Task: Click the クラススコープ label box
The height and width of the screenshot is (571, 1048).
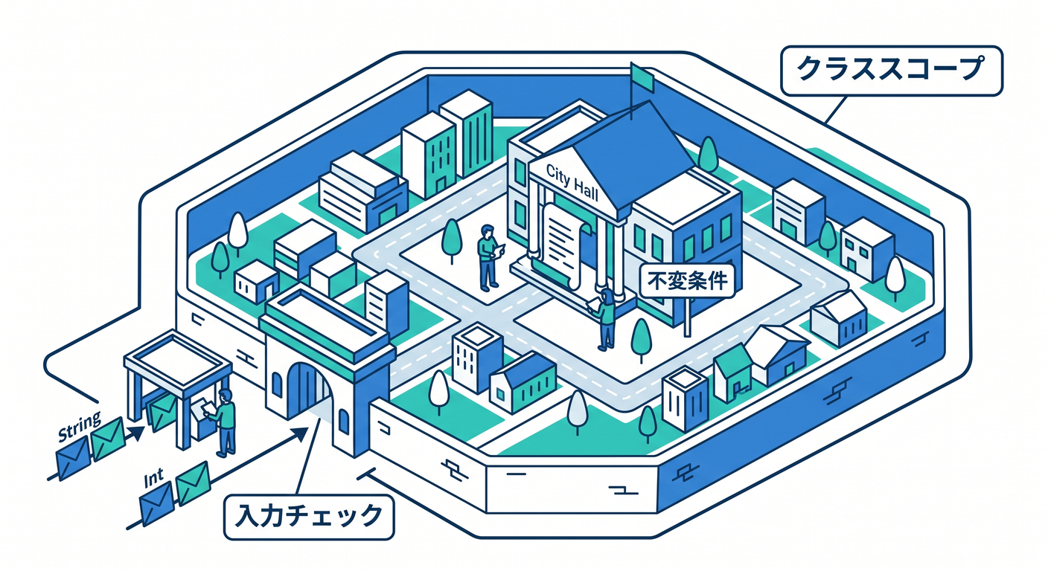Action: [x=892, y=71]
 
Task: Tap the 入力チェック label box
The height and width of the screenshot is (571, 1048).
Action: [x=309, y=517]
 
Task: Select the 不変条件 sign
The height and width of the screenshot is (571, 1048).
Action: [x=687, y=281]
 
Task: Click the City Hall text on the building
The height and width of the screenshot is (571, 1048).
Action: [x=572, y=182]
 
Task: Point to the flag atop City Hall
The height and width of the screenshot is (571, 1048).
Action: [x=642, y=77]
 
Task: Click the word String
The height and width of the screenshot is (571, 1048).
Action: [x=79, y=426]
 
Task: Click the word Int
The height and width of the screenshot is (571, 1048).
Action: [x=153, y=479]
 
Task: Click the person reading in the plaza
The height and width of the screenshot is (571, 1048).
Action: [x=488, y=257]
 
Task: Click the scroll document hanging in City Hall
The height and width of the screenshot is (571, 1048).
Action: [x=563, y=243]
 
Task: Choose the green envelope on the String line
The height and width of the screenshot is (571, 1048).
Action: [x=108, y=439]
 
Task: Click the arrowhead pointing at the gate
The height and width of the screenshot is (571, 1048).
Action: [x=299, y=434]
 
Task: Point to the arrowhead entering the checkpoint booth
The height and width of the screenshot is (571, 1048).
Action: [x=137, y=433]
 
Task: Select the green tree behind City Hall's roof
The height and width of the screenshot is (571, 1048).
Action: [x=708, y=155]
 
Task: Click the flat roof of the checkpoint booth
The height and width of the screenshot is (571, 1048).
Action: [x=177, y=358]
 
